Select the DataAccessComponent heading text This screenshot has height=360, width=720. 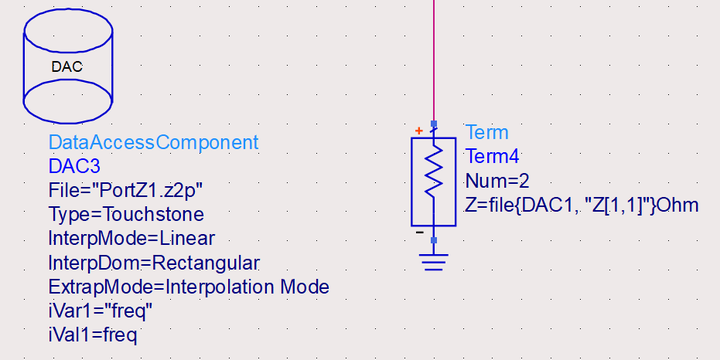pos(153,143)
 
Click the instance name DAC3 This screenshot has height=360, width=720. pos(74,167)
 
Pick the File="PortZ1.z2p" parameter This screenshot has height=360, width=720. pos(125,191)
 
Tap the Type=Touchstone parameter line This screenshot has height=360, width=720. pos(125,215)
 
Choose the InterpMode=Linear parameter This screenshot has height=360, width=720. pos(131,239)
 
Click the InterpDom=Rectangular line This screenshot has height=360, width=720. pos(153,263)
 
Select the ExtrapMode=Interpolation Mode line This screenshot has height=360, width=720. pos(188,287)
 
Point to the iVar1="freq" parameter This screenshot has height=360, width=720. pos(100,311)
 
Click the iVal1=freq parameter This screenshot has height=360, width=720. pos(92,334)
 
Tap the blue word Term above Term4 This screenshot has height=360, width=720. pos(487,133)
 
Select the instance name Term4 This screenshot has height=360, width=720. pos(493,157)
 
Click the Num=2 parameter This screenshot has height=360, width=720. pos(497,181)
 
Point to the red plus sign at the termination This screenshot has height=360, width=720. pos(418,130)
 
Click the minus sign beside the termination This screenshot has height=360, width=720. pos(420,234)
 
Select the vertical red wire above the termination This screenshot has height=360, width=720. pos(434,60)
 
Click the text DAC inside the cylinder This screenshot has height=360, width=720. pos(66,67)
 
